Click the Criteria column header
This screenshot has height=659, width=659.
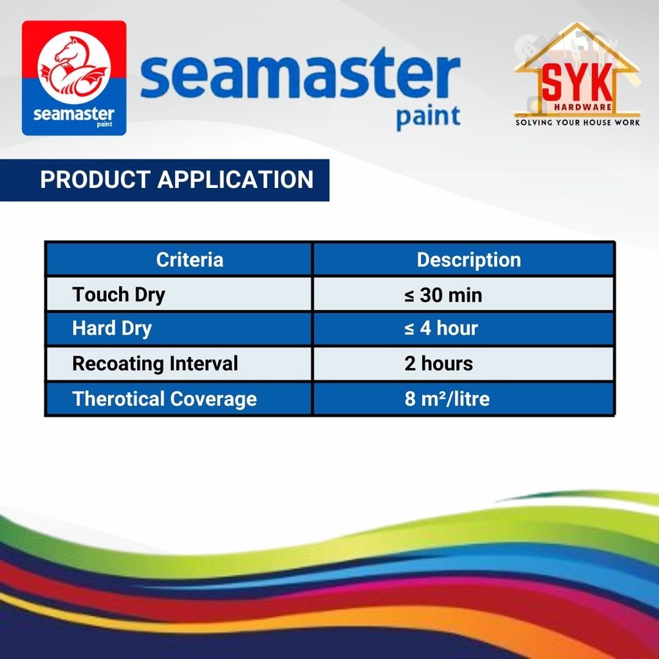point(190,260)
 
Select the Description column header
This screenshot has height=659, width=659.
point(469,260)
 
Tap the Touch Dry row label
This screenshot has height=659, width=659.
point(119,295)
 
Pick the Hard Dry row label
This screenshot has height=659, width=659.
point(112,329)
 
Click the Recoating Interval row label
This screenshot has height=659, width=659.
point(155,364)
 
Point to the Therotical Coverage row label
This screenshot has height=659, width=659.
point(164,399)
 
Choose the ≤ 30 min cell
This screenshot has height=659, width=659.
point(443,295)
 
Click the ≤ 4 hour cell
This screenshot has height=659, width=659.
point(441,329)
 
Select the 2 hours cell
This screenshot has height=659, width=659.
point(439,364)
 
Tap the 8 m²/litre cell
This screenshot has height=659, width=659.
point(447,399)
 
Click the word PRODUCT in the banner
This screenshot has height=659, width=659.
point(95,180)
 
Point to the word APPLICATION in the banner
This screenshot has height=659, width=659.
point(236,180)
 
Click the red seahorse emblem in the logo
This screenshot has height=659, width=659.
point(74,67)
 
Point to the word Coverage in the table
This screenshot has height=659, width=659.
point(213,399)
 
